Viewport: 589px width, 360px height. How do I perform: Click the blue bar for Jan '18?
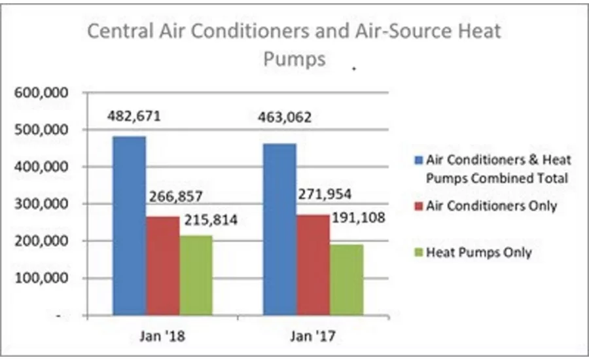tap(130, 225)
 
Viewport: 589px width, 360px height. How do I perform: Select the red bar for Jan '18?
tap(162, 266)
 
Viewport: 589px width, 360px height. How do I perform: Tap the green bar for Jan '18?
tap(196, 275)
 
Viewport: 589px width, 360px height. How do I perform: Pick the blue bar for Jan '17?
tap(280, 229)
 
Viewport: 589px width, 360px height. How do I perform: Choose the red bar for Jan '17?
tap(313, 264)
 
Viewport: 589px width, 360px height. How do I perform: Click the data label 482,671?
tap(134, 117)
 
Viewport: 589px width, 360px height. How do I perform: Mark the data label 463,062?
tap(284, 118)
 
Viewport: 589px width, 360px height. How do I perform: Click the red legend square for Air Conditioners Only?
tap(418, 206)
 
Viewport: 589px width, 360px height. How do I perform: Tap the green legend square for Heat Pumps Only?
tap(418, 252)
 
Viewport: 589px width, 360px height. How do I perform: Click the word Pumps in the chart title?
tap(294, 60)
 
